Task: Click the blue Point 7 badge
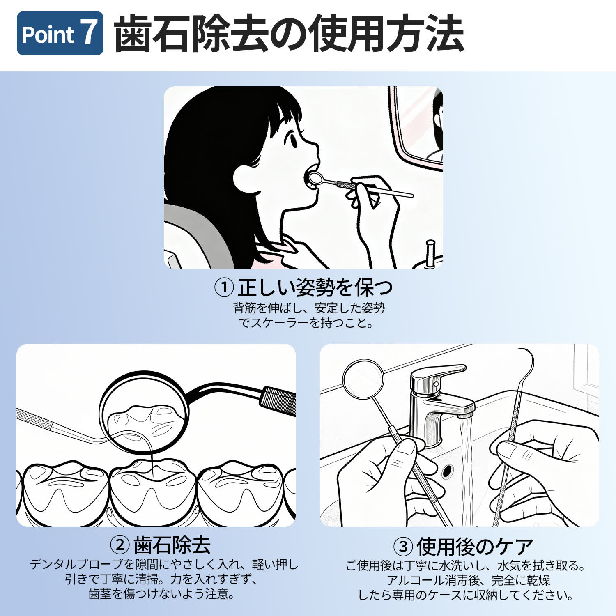[x=60, y=33]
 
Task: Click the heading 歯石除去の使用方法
[x=289, y=33]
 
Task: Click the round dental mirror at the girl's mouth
[x=315, y=178]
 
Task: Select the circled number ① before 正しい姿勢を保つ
[x=224, y=287]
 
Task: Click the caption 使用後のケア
[x=475, y=546]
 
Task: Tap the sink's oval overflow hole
[x=447, y=471]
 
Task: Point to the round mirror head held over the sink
[x=363, y=379]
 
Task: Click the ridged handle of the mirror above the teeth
[x=278, y=400]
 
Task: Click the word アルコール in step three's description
[x=416, y=580]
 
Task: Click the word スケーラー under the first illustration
[x=280, y=323]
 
